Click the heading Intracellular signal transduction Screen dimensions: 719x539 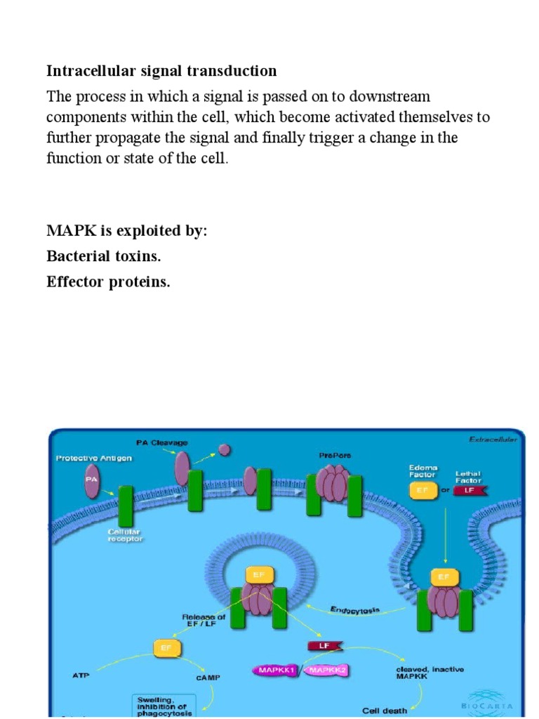[161, 71]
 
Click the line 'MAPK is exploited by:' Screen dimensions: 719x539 [127, 231]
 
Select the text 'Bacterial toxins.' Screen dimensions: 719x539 [104, 256]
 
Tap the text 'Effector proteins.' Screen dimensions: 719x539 [108, 282]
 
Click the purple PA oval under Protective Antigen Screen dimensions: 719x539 [91, 480]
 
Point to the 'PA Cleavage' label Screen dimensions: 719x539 [162, 442]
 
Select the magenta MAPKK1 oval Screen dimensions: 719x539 [275, 671]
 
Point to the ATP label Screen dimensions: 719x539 [81, 676]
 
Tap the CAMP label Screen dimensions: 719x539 [208, 678]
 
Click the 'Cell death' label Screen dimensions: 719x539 [384, 711]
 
